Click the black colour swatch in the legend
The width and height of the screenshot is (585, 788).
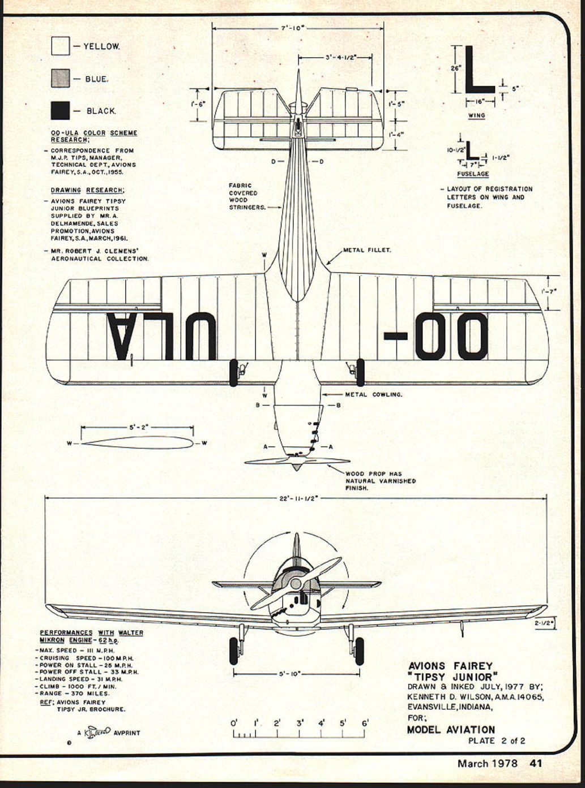(x=60, y=110)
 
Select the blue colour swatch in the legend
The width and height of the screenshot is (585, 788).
(x=60, y=78)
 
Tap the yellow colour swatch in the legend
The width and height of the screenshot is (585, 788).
(x=60, y=46)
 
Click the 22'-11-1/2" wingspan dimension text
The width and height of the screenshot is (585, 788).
(x=299, y=498)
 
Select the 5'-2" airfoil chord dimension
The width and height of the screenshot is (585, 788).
(x=137, y=428)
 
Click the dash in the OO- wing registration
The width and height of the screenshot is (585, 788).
(x=395, y=336)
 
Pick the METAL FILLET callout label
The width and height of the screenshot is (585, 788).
(x=367, y=249)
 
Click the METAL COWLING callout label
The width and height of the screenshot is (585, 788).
(x=374, y=394)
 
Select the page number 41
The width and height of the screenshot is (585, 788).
(x=536, y=763)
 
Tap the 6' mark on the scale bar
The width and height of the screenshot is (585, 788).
(x=365, y=723)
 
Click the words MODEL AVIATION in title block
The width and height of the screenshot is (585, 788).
(x=451, y=730)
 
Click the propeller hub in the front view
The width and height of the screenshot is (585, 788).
(x=295, y=583)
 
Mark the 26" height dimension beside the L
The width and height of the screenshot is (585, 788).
(x=456, y=68)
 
